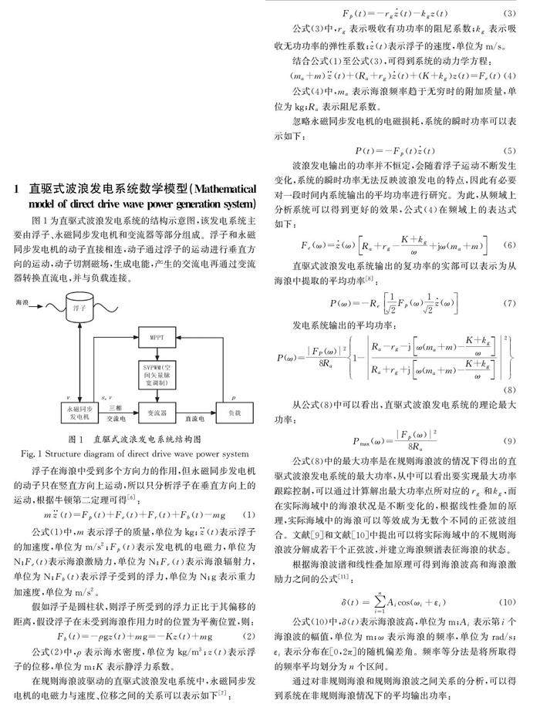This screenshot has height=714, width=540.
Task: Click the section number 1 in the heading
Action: (x=16, y=187)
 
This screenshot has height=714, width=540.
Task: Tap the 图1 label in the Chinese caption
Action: (x=76, y=440)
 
